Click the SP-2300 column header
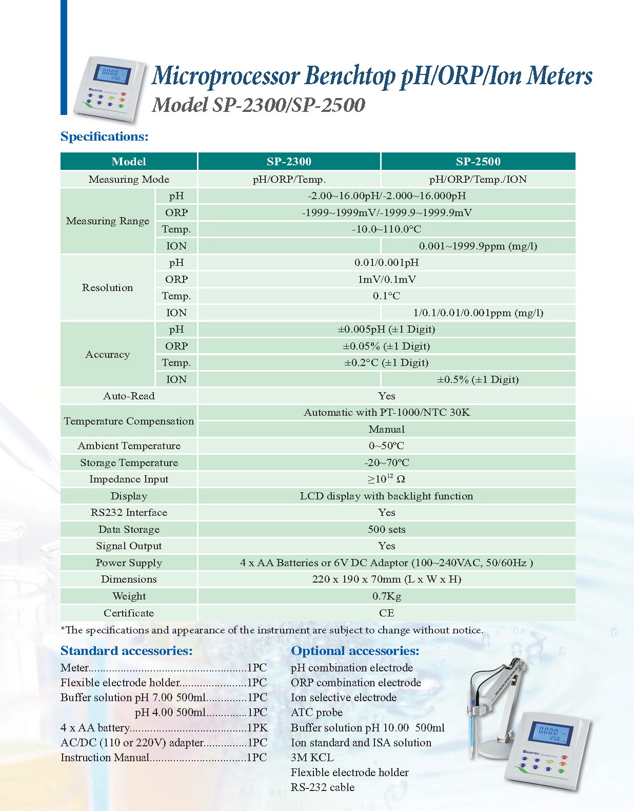289,161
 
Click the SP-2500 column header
478,161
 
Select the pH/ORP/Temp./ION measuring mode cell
478,179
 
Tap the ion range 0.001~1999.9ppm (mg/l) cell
478,246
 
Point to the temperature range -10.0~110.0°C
386,229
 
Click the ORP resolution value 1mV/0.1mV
386,279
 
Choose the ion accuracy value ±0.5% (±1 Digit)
478,379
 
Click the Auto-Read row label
129,396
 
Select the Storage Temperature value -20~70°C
386,462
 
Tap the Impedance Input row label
129,479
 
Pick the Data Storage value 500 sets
386,529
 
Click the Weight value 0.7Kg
386,596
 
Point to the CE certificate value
386,613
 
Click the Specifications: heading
104,137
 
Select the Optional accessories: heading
355,651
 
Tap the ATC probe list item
316,712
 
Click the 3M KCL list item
312,757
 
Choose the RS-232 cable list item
322,787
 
